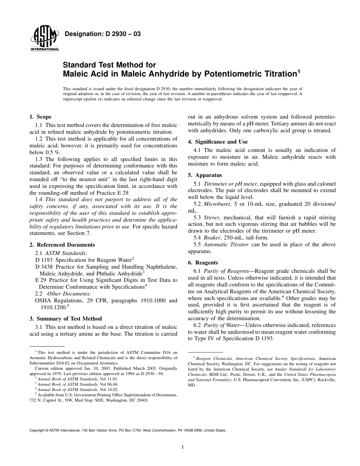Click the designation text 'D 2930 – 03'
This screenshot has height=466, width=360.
coord(121,34)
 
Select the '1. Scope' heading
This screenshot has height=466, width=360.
coord(41,117)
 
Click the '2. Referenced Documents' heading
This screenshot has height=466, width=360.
coord(62,245)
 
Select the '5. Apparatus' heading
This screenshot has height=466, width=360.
coord(205,175)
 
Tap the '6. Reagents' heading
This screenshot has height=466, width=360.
coord(203,263)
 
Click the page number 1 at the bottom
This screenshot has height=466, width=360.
coord(183,447)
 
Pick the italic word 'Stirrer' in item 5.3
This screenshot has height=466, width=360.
coord(212,218)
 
